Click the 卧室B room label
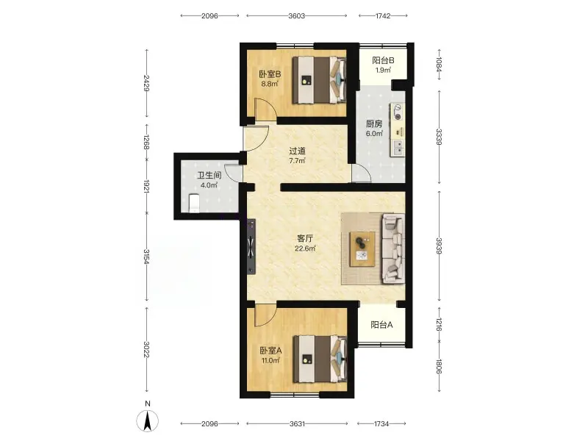click(x=270, y=74)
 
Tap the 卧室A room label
click(x=270, y=351)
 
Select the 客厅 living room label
click(x=305, y=238)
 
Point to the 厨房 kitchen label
click(x=374, y=123)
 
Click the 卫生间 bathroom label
click(x=209, y=175)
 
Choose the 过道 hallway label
click(x=297, y=151)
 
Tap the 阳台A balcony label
click(x=381, y=325)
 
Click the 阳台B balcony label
click(x=383, y=60)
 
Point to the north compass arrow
click(x=148, y=420)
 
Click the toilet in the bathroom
click(x=193, y=203)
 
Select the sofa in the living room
click(x=393, y=248)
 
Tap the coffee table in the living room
click(x=362, y=249)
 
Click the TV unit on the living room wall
click(x=251, y=247)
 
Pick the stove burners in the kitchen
click(x=397, y=112)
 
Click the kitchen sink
click(x=398, y=148)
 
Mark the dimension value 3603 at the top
click(x=297, y=15)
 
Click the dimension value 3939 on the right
click(x=439, y=245)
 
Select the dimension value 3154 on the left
click(x=146, y=257)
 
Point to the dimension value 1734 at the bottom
click(x=381, y=424)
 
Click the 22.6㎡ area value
click(x=305, y=248)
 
